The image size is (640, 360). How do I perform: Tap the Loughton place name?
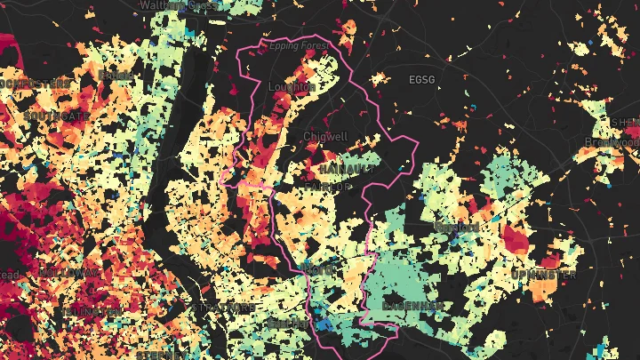coord(292,87)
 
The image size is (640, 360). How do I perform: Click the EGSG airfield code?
coord(422,79)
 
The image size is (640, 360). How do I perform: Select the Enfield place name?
coord(116,76)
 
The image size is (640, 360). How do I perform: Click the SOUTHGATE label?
coord(57,116)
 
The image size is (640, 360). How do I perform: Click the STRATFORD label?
coord(224,308)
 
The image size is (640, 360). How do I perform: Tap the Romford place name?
coord(456,228)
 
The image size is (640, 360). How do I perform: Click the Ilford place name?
coord(318,268)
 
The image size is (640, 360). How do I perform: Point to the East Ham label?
coord(290,323)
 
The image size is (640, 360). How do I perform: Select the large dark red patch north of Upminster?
coord(515,238)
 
